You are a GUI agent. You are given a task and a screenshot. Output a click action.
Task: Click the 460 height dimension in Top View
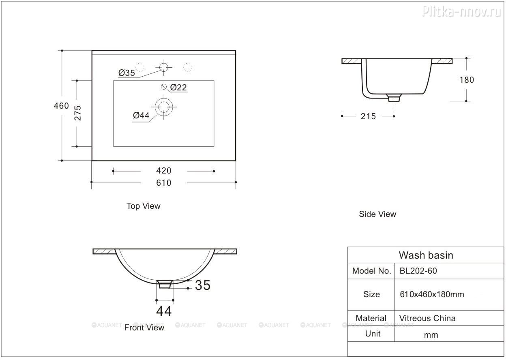point(61,106)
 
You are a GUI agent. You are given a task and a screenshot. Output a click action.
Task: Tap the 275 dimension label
point(77,113)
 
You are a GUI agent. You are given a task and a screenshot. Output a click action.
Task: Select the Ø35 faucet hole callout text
point(126,73)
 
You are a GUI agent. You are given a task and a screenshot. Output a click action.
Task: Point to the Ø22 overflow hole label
point(178,88)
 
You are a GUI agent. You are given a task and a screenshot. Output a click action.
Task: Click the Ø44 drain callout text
point(141,116)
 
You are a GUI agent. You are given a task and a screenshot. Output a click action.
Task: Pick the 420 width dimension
point(164,171)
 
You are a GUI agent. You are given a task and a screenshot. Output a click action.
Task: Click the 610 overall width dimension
point(164,183)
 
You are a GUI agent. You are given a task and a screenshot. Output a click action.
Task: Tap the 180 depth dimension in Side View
point(467,80)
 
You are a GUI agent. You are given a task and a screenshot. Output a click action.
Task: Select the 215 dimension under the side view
point(368,116)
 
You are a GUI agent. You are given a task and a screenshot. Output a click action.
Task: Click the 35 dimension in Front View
point(203,285)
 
